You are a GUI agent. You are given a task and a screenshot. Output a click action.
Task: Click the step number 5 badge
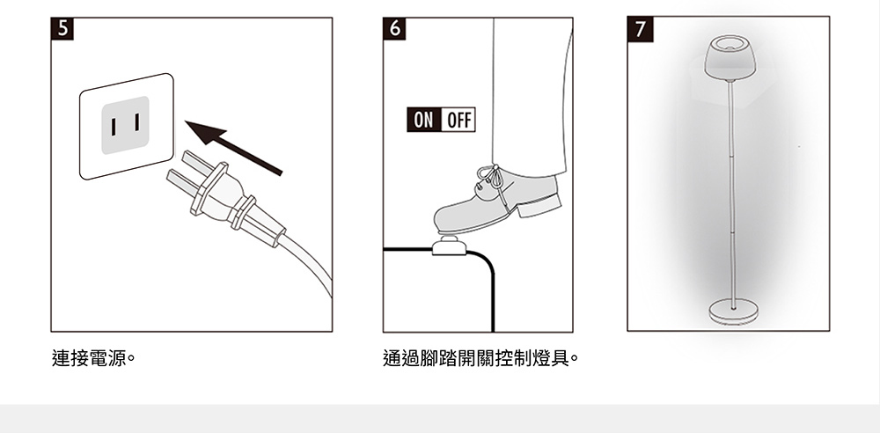tap(62, 28)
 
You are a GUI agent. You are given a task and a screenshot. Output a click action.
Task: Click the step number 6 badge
tap(394, 28)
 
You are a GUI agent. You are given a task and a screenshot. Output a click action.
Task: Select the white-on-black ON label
tap(423, 121)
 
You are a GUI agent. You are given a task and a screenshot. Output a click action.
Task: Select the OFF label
tap(458, 121)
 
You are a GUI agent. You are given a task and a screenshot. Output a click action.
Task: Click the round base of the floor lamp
tap(733, 310)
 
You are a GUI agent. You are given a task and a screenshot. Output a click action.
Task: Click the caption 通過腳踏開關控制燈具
tap(480, 359)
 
